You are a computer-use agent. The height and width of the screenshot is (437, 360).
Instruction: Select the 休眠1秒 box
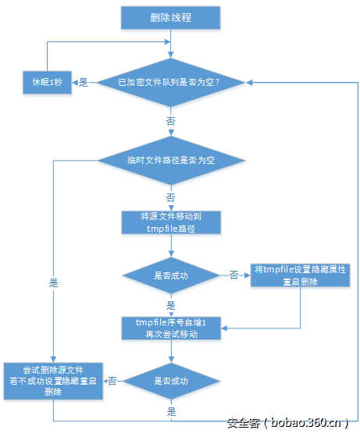(46, 81)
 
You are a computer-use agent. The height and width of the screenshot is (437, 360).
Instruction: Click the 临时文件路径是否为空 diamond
(171, 160)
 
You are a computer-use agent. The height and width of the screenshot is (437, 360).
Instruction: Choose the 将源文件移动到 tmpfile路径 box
(170, 222)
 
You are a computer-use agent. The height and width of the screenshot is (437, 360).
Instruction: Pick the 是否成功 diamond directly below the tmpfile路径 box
(170, 275)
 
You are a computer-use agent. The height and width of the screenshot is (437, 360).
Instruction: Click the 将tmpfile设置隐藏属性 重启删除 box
(301, 275)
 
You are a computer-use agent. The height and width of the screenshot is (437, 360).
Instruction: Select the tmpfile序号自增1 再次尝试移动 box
(170, 328)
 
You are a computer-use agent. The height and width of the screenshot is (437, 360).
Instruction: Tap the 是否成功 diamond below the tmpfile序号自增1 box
(170, 381)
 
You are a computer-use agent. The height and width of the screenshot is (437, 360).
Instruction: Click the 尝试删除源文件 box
(52, 381)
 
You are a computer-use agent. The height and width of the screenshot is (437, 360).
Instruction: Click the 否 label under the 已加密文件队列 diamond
(171, 123)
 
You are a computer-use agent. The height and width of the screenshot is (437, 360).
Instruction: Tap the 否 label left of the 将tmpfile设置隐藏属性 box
(233, 275)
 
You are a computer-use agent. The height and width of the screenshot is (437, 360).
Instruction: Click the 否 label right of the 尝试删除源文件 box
(112, 381)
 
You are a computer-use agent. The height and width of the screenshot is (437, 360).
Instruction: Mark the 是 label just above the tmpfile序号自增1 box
(170, 305)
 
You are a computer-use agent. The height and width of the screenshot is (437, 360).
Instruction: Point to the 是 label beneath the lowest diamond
(170, 410)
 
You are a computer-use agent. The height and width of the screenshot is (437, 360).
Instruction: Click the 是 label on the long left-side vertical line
(53, 282)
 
